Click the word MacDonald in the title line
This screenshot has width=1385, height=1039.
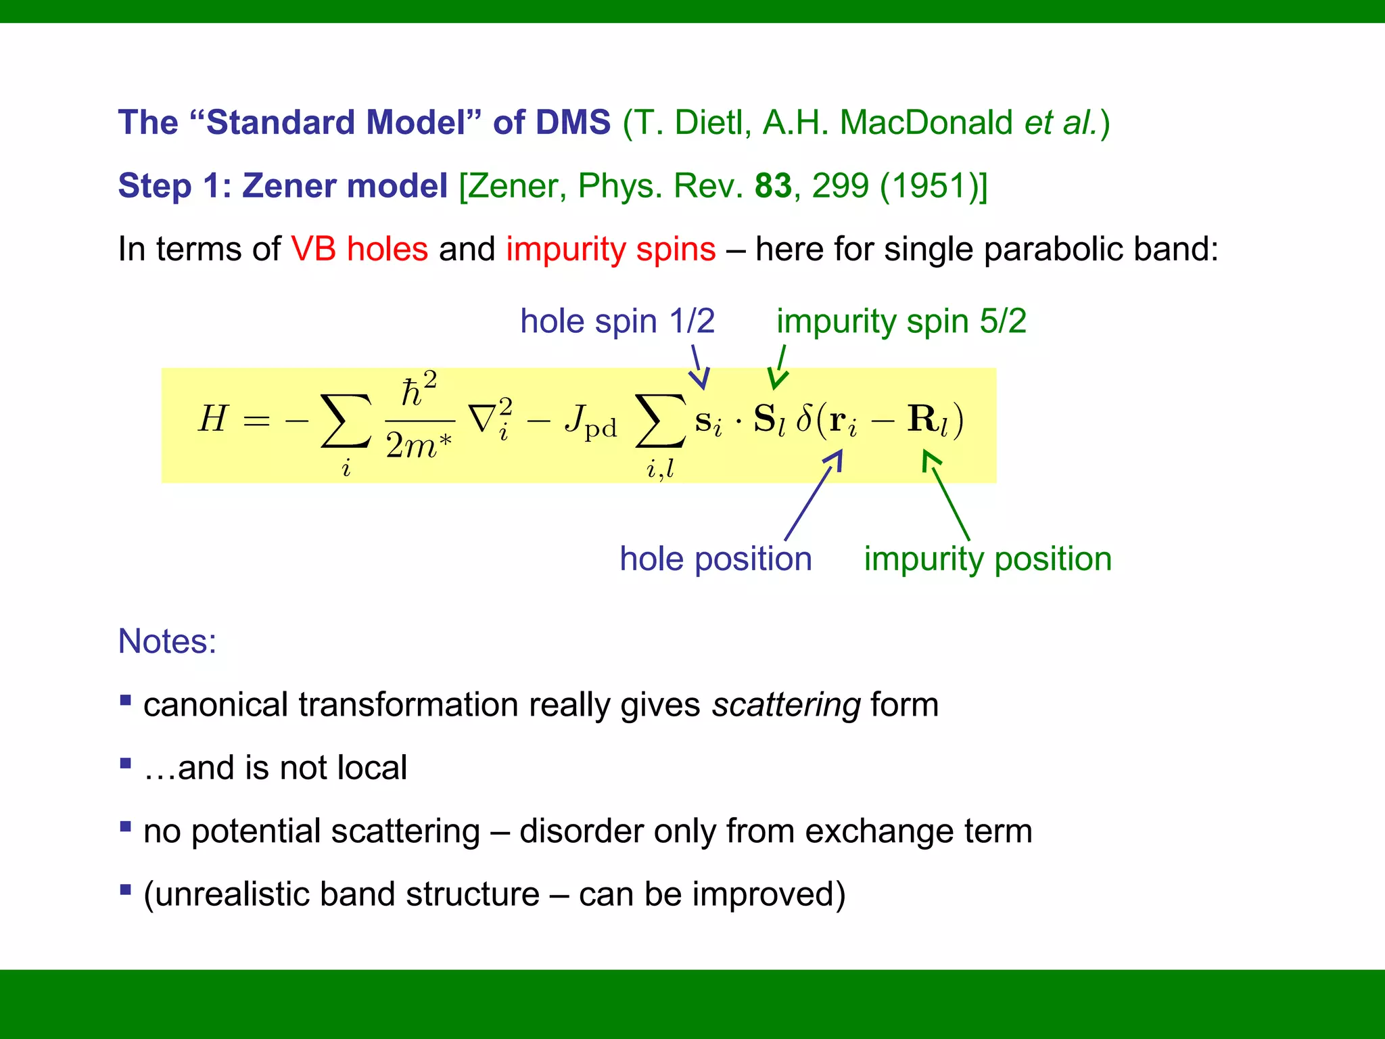[925, 123]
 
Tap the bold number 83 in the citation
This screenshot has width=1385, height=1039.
[773, 185]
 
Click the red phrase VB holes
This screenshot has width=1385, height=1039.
[359, 249]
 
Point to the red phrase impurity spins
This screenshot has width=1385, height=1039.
[611, 249]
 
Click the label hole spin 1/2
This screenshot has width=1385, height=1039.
[617, 321]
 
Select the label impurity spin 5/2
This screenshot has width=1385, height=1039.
[901, 321]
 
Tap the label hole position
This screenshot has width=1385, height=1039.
[715, 559]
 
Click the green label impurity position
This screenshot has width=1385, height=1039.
[987, 559]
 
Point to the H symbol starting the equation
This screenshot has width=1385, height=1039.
[213, 419]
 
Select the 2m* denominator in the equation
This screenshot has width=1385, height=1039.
[419, 446]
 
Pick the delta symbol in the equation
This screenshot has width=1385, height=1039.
[804, 419]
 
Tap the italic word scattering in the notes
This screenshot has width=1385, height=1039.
[786, 705]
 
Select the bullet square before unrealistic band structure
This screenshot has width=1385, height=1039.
[125, 889]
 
